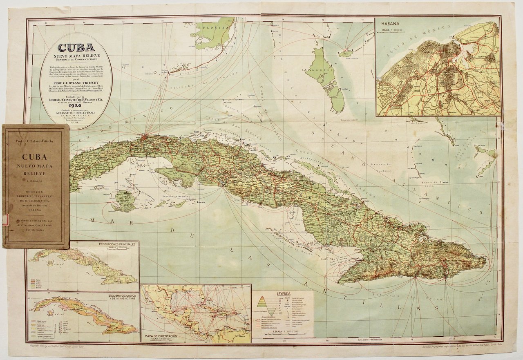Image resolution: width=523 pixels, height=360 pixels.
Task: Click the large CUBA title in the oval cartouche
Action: [x=76, y=48]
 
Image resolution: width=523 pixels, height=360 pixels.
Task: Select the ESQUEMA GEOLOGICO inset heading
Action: [x=118, y=295]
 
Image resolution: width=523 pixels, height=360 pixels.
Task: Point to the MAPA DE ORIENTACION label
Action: [x=161, y=336]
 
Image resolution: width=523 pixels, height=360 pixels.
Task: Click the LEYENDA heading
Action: [x=283, y=294]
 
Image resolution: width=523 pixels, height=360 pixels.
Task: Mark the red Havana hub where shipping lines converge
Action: [x=144, y=136]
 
